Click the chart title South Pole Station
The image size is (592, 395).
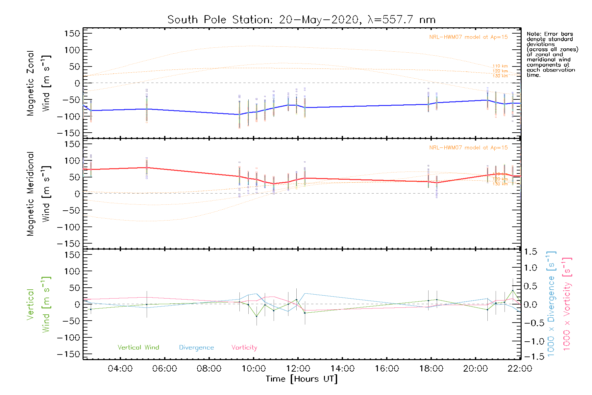click(x=301, y=20)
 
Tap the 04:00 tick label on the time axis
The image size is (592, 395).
click(x=120, y=369)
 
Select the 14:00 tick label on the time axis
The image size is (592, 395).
click(x=342, y=369)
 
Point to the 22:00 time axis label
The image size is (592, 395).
click(x=520, y=369)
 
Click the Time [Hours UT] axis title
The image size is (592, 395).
click(x=302, y=379)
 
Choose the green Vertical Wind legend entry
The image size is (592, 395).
click(x=138, y=348)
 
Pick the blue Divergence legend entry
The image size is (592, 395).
click(x=196, y=348)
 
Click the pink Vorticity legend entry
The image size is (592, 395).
click(x=244, y=348)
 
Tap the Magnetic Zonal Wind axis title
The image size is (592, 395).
click(x=38, y=83)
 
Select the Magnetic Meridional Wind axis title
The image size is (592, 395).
click(x=38, y=194)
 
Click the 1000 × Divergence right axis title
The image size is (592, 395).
click(x=551, y=303)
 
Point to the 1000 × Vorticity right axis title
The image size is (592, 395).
click(x=567, y=303)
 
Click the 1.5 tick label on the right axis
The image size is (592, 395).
click(x=530, y=252)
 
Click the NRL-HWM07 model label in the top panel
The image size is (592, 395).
click(x=468, y=37)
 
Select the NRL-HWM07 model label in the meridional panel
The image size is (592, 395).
click(x=468, y=148)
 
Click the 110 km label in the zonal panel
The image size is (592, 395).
click(x=500, y=66)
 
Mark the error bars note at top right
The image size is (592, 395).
click(x=552, y=54)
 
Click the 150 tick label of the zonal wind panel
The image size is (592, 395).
click(x=72, y=34)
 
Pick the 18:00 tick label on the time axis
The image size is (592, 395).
click(x=431, y=369)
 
